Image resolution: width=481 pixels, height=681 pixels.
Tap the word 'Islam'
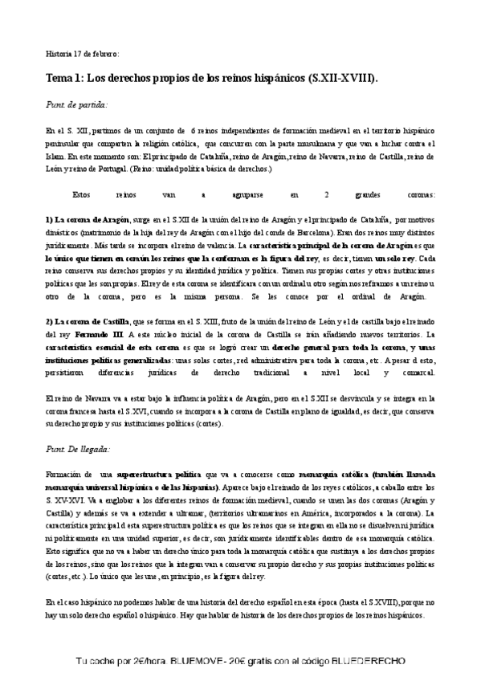pos(56,156)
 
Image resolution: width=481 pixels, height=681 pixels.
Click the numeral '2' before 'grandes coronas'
pos(325,194)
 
